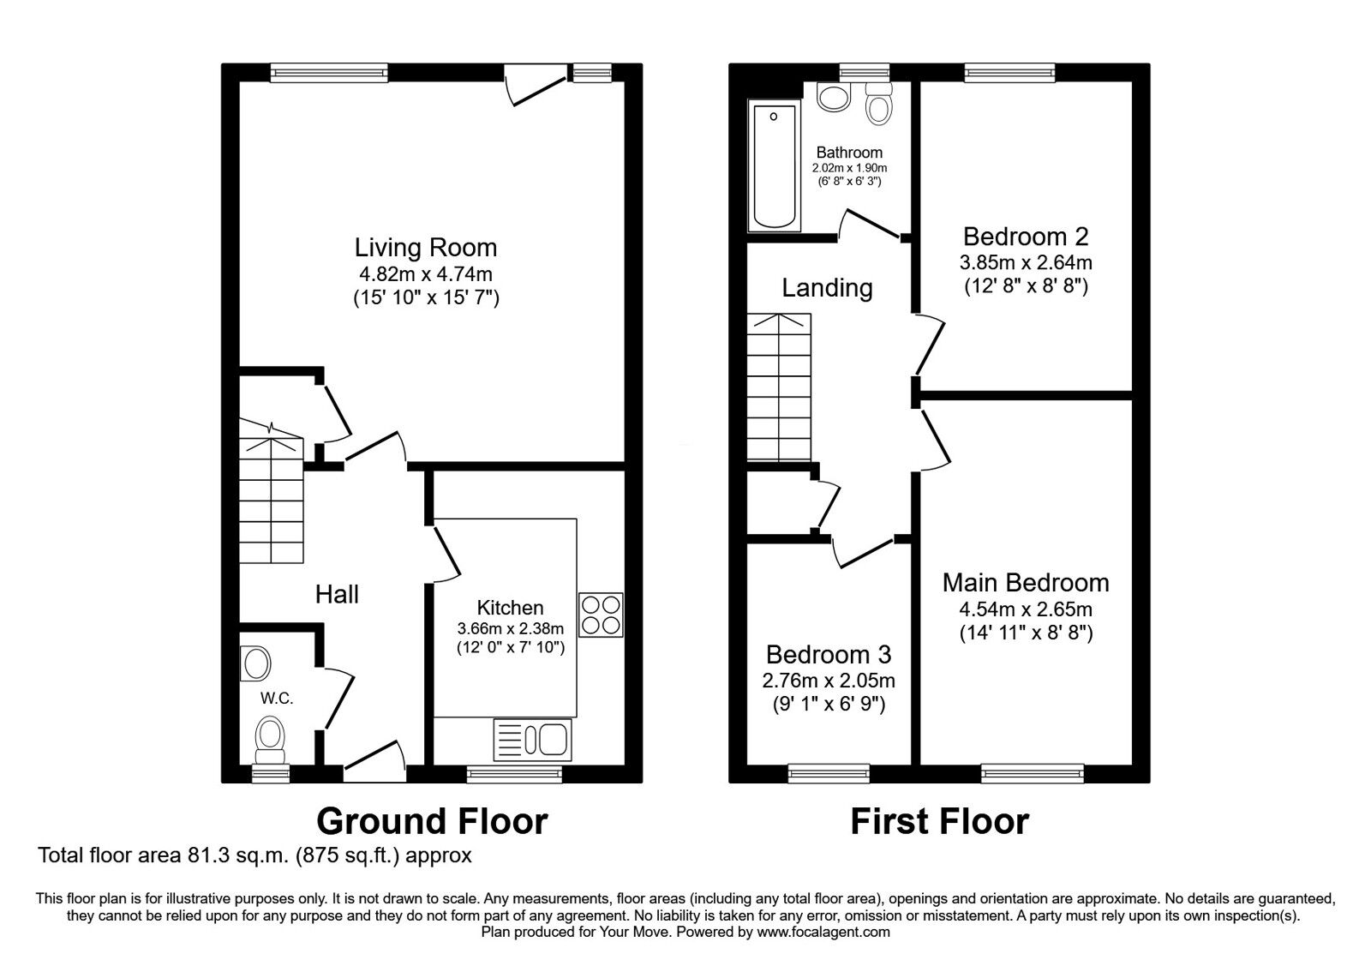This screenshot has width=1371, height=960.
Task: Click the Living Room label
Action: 426,248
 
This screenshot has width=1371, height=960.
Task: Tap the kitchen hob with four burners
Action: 601,615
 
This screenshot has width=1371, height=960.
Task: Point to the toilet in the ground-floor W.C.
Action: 271,738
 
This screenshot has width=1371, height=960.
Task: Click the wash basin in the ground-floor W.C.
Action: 256,663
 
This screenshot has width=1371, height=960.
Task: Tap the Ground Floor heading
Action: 432,821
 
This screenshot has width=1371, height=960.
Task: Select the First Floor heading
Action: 939,821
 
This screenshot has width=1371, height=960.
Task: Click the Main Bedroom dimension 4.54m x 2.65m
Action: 1026,609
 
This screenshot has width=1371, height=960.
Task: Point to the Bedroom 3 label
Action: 828,655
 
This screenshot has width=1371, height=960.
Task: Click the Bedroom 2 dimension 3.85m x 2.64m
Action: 1026,262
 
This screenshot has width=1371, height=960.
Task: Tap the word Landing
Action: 827,288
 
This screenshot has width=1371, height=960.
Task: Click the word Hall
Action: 337,594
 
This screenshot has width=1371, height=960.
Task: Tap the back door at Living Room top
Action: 535,86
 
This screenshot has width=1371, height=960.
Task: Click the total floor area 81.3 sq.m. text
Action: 254,855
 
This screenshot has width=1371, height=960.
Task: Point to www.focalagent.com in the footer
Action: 823,932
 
